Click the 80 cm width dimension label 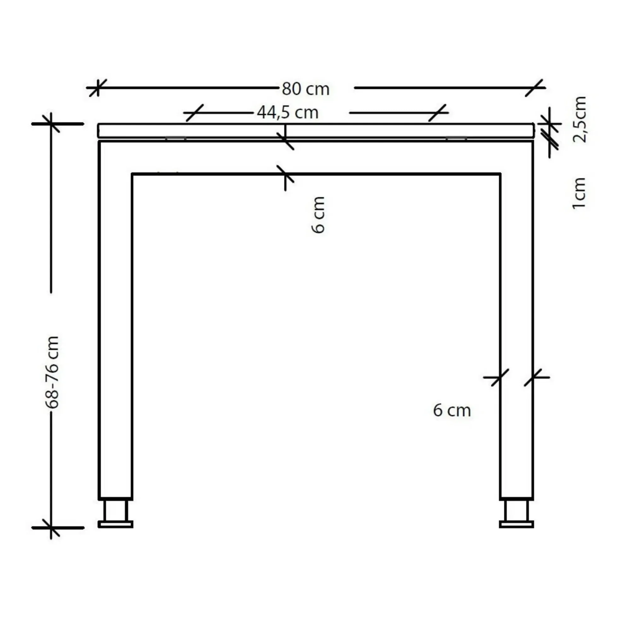pyautogui.click(x=306, y=89)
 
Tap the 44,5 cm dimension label pyautogui.click(x=288, y=113)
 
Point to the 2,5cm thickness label pyautogui.click(x=579, y=119)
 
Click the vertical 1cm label pyautogui.click(x=578, y=194)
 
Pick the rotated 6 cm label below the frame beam pyautogui.click(x=318, y=215)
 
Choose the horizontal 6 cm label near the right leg pyautogui.click(x=452, y=411)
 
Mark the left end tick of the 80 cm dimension pyautogui.click(x=97, y=87)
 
